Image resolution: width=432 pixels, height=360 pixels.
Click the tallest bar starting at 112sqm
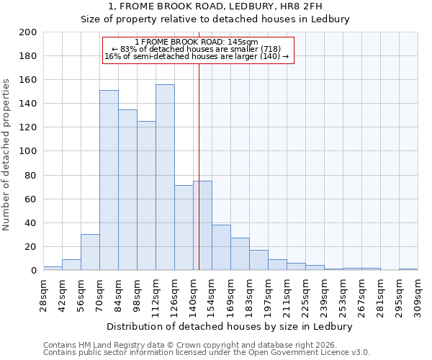[x=165, y=177]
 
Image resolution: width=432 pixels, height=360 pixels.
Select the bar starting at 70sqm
[x=109, y=180]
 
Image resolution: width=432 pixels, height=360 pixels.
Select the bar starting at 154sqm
[x=221, y=247]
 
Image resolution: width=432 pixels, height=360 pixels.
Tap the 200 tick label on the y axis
[x=28, y=32]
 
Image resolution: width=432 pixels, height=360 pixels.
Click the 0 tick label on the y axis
[x=34, y=271]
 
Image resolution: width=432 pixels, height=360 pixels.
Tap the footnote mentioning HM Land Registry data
[x=186, y=345]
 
